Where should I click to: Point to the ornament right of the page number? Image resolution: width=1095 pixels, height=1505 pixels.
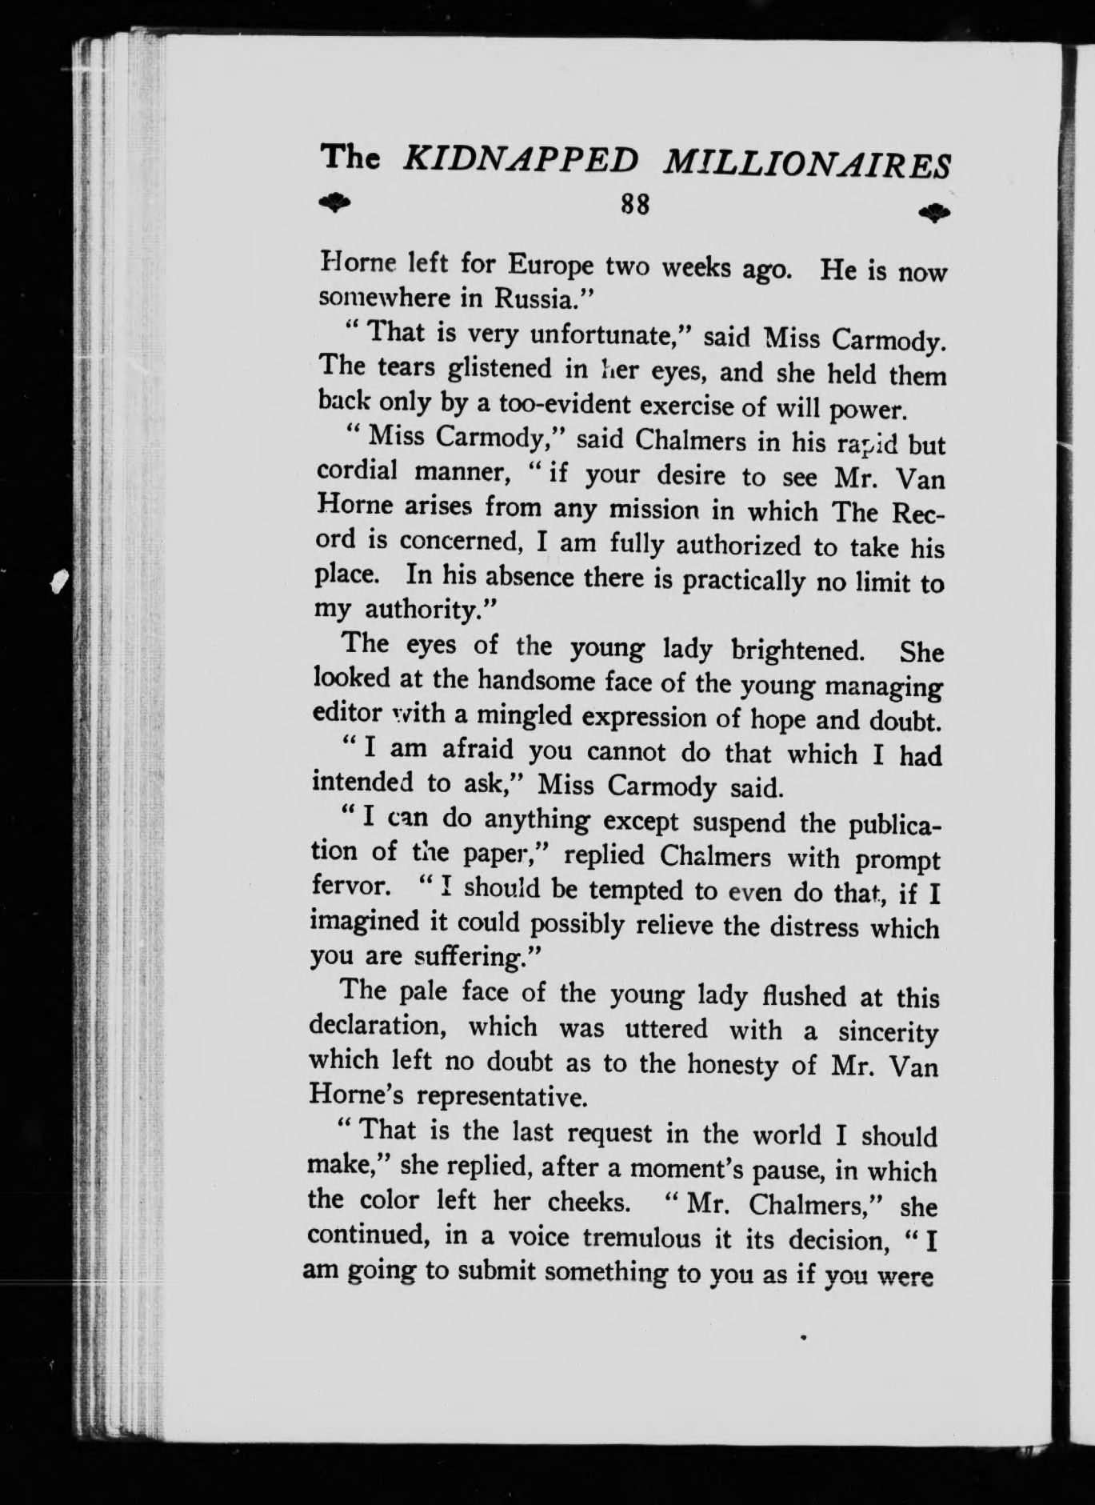(934, 213)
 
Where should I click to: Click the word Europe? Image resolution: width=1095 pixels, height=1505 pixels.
(552, 265)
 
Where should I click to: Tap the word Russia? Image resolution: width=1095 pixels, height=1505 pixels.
(541, 298)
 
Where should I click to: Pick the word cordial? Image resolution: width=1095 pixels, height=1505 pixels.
(357, 471)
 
